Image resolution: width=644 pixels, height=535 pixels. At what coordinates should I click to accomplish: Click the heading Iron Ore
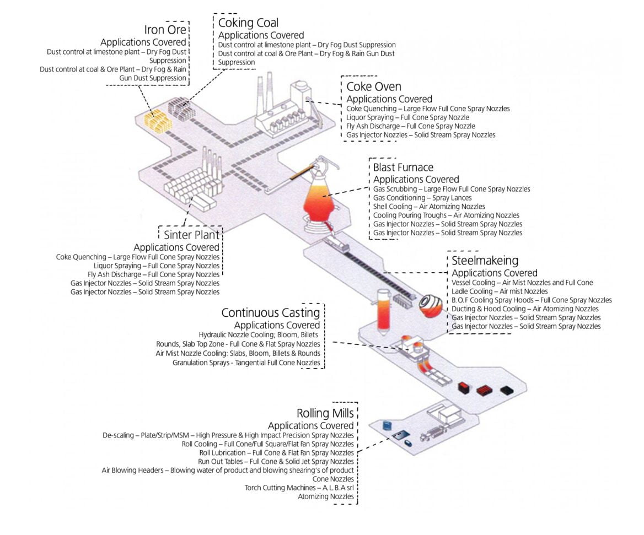[x=165, y=29]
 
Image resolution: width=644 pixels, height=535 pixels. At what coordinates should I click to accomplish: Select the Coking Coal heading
[x=248, y=23]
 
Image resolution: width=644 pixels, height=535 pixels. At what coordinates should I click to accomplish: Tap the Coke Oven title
[x=373, y=87]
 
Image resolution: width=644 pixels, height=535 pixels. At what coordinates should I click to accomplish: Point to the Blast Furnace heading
[x=403, y=167]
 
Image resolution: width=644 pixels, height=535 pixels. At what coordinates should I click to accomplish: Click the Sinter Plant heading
[x=191, y=235]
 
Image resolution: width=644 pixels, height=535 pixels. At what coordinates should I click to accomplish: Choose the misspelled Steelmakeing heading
[x=485, y=261]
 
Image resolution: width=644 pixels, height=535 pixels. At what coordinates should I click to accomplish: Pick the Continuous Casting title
[x=270, y=312]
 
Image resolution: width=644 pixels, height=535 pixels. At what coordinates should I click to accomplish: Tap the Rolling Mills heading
[x=325, y=413]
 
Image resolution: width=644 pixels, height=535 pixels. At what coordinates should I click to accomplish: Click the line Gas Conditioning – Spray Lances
[x=422, y=197]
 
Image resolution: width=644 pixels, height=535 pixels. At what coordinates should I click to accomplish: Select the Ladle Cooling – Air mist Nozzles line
[x=500, y=291]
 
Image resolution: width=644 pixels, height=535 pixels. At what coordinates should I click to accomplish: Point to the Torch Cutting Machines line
[x=299, y=488]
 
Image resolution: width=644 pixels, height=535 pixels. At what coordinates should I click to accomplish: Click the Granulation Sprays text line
[x=246, y=363]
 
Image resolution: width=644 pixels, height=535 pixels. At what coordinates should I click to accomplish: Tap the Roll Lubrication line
[x=276, y=452]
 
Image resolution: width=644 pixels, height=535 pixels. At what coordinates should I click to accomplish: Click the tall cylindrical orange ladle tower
[x=382, y=312]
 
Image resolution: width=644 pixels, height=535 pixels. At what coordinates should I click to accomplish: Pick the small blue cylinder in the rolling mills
[x=387, y=425]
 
